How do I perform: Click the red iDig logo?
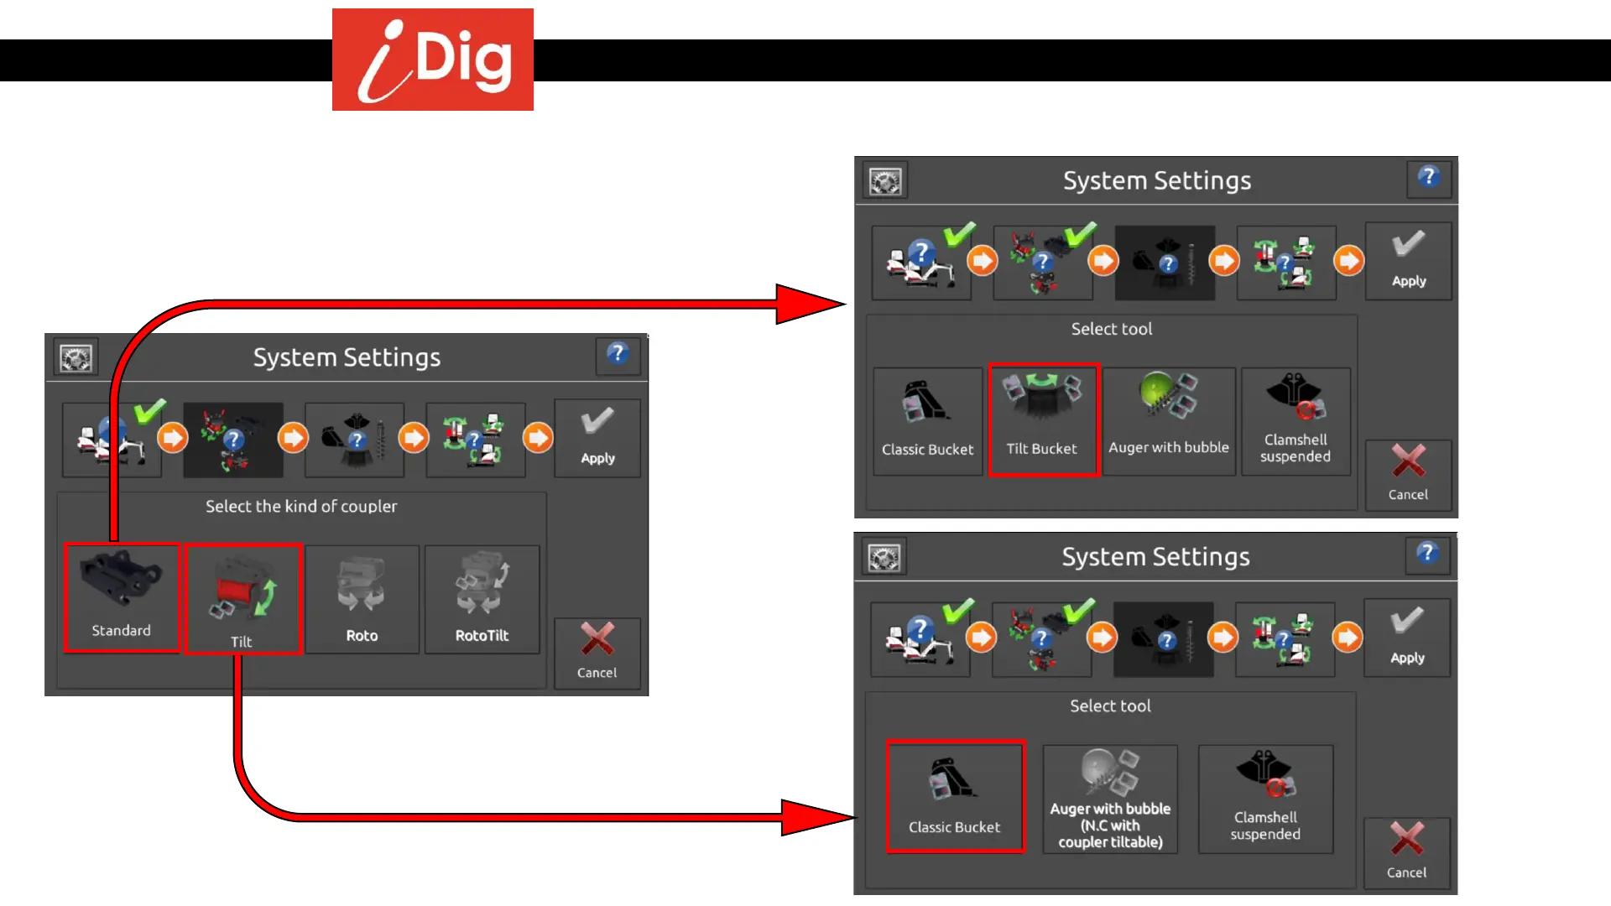(x=432, y=60)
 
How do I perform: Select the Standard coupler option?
(x=122, y=598)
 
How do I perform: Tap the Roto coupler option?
(x=362, y=599)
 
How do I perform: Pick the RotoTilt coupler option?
(x=482, y=599)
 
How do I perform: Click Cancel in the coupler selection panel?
(x=597, y=653)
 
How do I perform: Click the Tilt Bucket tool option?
(x=1043, y=420)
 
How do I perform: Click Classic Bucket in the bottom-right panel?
(x=955, y=797)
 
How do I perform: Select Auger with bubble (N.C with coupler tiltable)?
(x=1109, y=799)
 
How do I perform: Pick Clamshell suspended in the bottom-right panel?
(x=1265, y=799)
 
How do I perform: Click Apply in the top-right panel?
(x=1408, y=260)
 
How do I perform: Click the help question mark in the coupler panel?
(x=618, y=355)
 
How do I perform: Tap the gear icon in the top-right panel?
(x=885, y=181)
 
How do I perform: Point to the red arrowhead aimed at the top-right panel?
(x=810, y=304)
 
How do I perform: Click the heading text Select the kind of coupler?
(x=301, y=507)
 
